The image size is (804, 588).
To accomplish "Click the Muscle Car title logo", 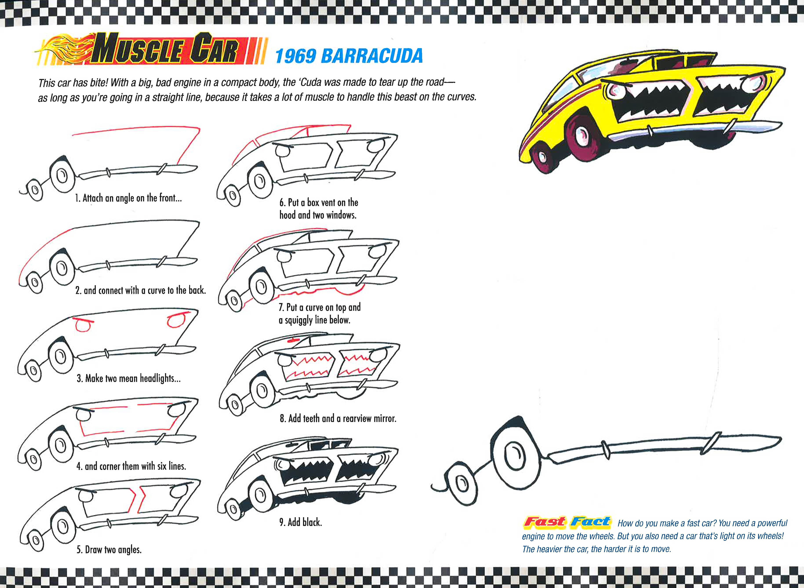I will (167, 51).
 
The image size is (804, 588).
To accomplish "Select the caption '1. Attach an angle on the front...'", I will (128, 198).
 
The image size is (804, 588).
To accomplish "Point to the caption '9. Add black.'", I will (300, 522).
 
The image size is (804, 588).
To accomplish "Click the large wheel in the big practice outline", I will (514, 458).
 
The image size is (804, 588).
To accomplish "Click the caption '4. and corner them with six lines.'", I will (131, 466).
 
